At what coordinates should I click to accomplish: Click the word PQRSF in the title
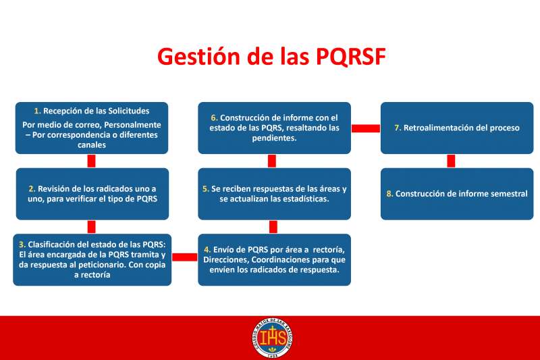pyautogui.click(x=350, y=56)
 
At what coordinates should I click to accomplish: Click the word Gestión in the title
pyautogui.click(x=198, y=57)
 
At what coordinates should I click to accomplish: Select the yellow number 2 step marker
pyautogui.click(x=32, y=189)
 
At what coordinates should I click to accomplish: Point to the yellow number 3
pyautogui.click(x=22, y=245)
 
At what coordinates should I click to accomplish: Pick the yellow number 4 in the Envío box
pyautogui.click(x=207, y=249)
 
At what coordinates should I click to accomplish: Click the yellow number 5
pyautogui.click(x=206, y=189)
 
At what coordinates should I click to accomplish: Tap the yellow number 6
pyautogui.click(x=215, y=118)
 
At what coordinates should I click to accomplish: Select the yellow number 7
pyautogui.click(x=398, y=128)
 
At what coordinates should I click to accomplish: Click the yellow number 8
pyautogui.click(x=390, y=194)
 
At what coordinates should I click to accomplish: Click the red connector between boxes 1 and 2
pyautogui.click(x=91, y=161)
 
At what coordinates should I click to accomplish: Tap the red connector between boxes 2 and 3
pyautogui.click(x=91, y=227)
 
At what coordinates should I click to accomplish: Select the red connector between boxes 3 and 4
pyautogui.click(x=184, y=257)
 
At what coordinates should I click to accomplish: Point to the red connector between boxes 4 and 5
pyautogui.click(x=273, y=227)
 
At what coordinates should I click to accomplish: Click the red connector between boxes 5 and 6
pyautogui.click(x=272, y=161)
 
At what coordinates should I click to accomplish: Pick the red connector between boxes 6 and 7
pyautogui.click(x=366, y=128)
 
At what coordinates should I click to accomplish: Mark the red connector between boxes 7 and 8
pyautogui.click(x=451, y=161)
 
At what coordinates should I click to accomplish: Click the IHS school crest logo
pyautogui.click(x=273, y=338)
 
